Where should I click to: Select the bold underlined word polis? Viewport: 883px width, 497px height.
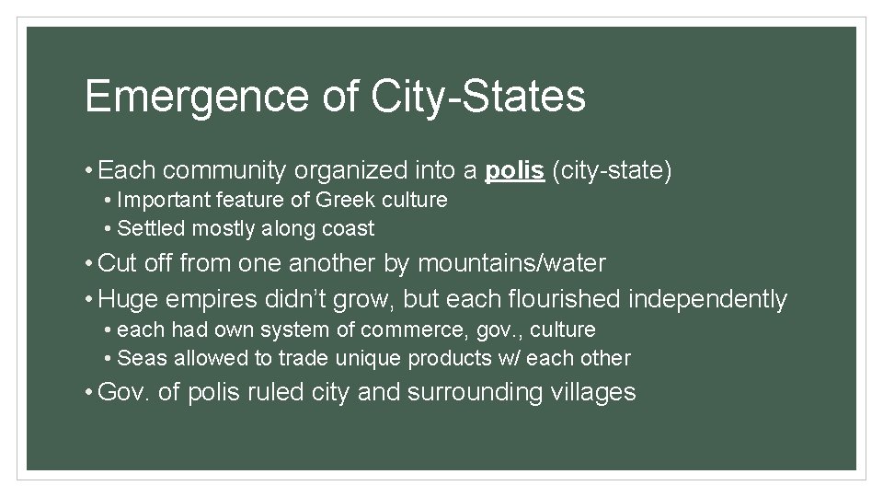point(515,171)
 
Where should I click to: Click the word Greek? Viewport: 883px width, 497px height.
point(347,200)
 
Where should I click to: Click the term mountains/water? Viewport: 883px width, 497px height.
point(511,264)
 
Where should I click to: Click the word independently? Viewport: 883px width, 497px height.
point(708,299)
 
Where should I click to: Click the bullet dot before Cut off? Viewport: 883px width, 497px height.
point(87,264)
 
